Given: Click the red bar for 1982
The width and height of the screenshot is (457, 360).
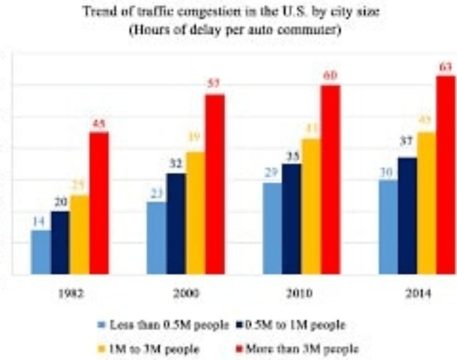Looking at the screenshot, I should (x=98, y=203).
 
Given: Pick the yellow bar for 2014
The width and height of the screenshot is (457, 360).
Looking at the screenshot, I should (x=427, y=203).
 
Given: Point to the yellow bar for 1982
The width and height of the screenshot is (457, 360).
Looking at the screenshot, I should (x=79, y=234).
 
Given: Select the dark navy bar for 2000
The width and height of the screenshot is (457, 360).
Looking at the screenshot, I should (x=176, y=223).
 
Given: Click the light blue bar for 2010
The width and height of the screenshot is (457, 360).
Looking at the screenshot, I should (x=273, y=228).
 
